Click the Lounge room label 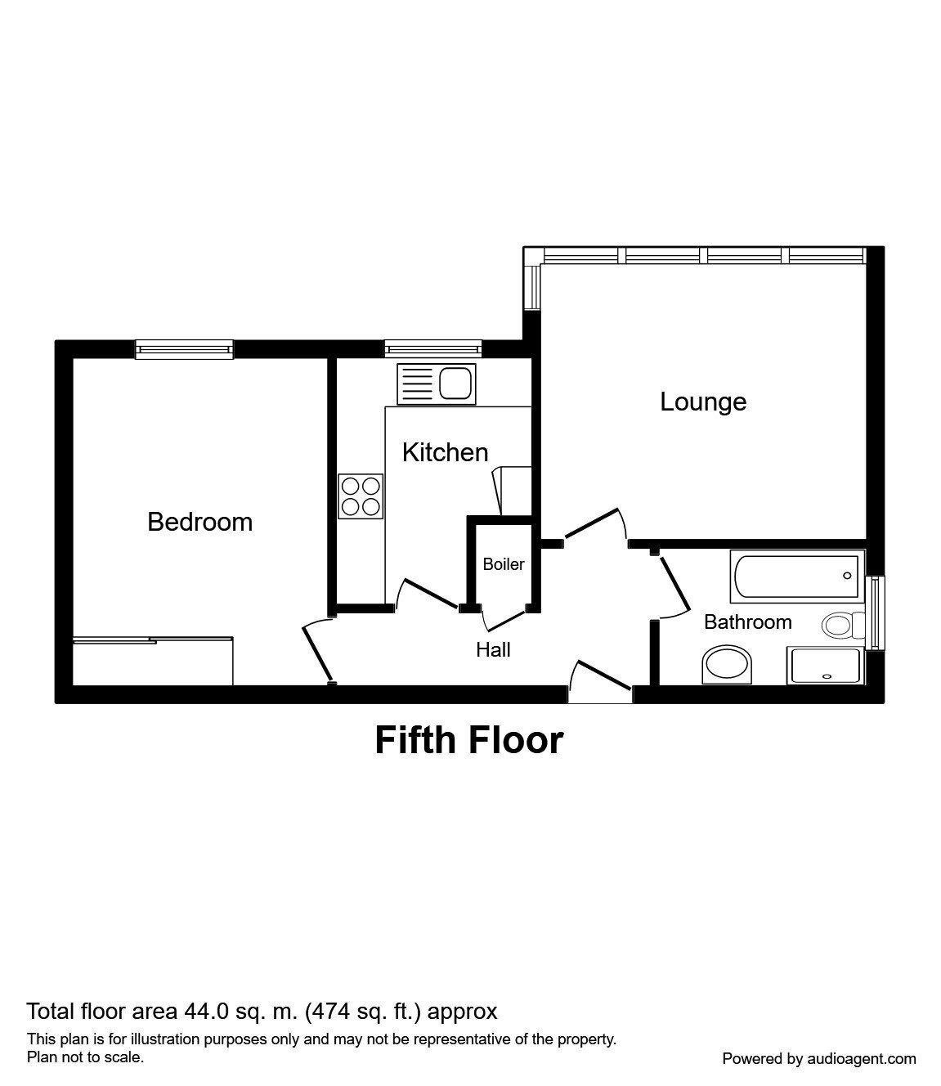(x=702, y=402)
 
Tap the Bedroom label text (x=199, y=522)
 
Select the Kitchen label (x=445, y=452)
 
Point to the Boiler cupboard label (x=503, y=564)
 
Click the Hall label (x=493, y=649)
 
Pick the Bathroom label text (x=747, y=622)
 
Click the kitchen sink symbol (x=436, y=384)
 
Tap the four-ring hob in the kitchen (x=361, y=496)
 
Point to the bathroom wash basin (x=727, y=665)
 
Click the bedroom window (x=185, y=350)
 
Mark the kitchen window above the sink (x=432, y=350)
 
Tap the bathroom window (x=876, y=613)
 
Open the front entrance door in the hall (x=600, y=684)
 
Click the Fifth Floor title (x=469, y=740)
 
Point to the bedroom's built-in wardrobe (x=153, y=661)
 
